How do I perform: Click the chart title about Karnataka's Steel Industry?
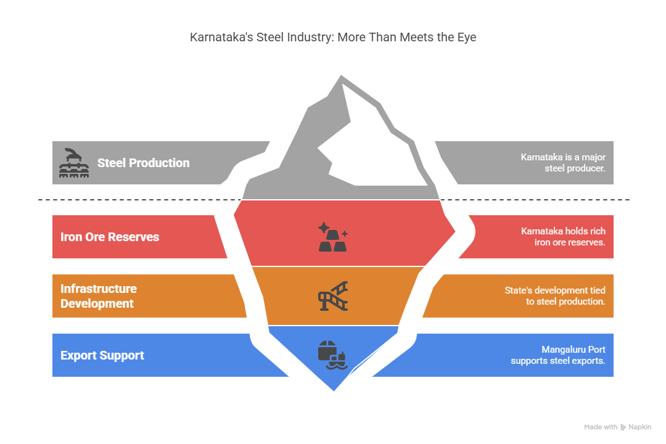point(333,38)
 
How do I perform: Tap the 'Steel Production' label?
point(143,163)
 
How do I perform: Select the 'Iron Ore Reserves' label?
point(110,237)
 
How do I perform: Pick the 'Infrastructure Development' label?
point(99,296)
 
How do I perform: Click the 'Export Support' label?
point(102,355)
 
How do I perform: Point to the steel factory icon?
point(74,163)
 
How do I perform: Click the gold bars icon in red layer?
point(333,237)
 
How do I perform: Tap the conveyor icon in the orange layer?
point(333,296)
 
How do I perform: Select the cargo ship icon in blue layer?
point(333,355)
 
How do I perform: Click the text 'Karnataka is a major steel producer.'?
point(563,163)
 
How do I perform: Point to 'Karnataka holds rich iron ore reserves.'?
point(563,237)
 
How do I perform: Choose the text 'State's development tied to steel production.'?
point(555,296)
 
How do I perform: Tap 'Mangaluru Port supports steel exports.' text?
point(557,355)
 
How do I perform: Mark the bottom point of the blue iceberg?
point(334,390)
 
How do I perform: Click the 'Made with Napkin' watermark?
point(617,427)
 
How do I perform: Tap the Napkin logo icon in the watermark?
point(623,427)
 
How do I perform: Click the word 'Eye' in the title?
point(467,38)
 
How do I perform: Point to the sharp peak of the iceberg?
point(341,76)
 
